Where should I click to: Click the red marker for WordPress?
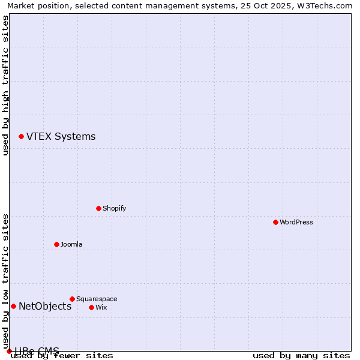(275, 222)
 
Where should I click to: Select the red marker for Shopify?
(98, 208)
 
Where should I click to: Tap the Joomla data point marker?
(56, 244)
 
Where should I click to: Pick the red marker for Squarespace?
(72, 299)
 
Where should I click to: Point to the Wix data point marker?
(91, 307)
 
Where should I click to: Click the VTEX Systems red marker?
(21, 137)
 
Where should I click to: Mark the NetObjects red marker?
(13, 306)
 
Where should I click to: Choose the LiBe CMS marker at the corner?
(9, 351)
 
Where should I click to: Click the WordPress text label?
(296, 222)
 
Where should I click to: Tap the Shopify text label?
(114, 208)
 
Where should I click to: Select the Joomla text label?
(71, 244)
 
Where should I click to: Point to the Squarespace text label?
(97, 299)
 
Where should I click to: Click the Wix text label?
(101, 307)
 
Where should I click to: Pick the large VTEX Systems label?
(61, 136)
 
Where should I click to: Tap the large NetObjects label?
(45, 306)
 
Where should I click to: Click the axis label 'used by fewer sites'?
(62, 355)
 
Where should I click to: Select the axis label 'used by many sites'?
(301, 355)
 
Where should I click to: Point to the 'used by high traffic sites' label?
(5, 85)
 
